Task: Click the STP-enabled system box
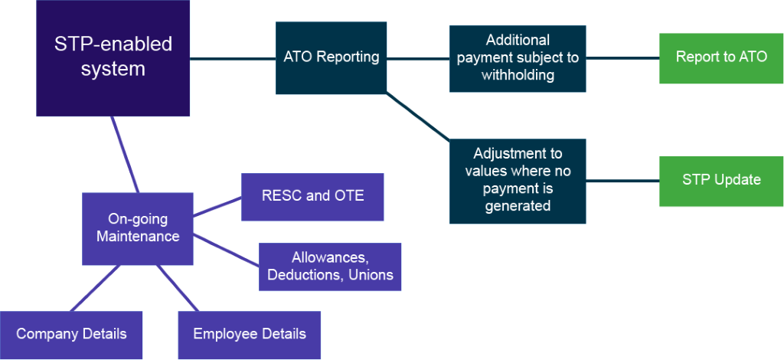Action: coord(113,58)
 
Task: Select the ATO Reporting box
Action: coord(331,58)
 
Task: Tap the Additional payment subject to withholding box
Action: coord(518,58)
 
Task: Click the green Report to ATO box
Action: coord(721,58)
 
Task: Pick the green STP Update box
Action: coord(721,181)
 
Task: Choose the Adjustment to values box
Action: coord(518,181)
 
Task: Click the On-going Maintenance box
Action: coord(138,228)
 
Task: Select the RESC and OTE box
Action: coord(312,197)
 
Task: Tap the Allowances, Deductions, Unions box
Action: coord(330,267)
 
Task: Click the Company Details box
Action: coord(71,335)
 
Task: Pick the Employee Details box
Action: coord(250,335)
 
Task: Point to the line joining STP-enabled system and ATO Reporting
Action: coord(233,59)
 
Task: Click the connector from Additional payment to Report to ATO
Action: coord(622,58)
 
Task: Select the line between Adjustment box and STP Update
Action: coord(622,181)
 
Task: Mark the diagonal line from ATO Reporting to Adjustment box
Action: coord(418,116)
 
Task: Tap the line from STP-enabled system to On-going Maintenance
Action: coord(125,155)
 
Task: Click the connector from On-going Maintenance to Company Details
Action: coord(95,288)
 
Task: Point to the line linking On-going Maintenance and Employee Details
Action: coord(178,288)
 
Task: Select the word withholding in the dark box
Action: coord(518,75)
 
